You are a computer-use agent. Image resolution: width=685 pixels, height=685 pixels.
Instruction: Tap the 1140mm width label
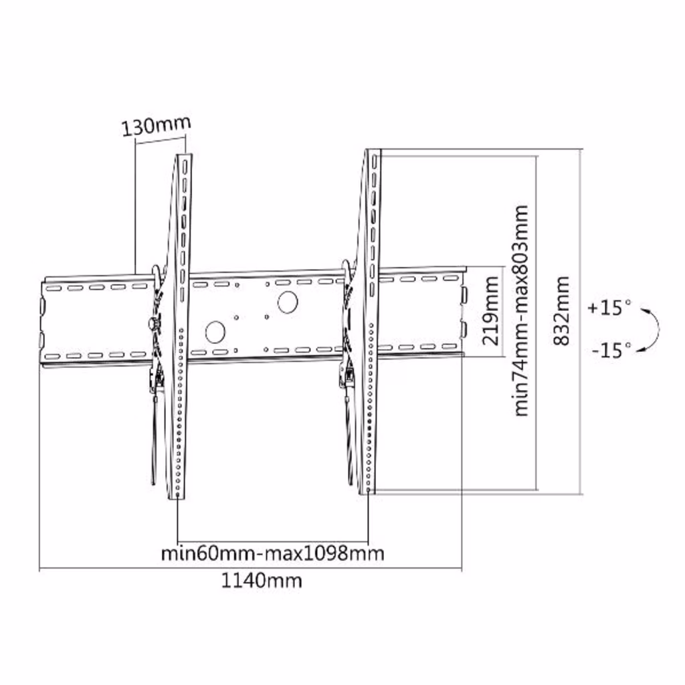pos(262,581)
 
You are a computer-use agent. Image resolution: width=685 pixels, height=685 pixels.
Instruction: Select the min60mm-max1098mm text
pos(273,553)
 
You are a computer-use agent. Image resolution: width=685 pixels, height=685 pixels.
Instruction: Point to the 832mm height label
pos(561,311)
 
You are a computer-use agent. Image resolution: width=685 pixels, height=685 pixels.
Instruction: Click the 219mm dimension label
pos(490,310)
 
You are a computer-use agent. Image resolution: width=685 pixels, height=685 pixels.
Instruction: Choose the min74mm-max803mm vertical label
pos(521,310)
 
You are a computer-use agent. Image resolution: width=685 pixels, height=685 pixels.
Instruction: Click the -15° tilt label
pos(611,350)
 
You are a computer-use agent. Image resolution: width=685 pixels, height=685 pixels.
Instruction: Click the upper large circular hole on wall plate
pos(288,302)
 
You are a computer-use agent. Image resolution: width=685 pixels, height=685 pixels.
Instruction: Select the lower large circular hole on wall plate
pos(215,332)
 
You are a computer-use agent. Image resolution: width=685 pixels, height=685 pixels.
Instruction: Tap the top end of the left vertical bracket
pos(184,155)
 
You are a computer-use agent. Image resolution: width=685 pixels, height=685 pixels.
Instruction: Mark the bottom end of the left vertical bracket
pos(178,497)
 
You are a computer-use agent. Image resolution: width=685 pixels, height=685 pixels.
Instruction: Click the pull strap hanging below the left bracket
pos(153,437)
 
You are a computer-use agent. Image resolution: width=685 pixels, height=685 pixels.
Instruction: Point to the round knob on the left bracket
pos(153,324)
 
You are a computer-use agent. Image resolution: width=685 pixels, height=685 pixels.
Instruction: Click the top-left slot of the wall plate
pos(54,289)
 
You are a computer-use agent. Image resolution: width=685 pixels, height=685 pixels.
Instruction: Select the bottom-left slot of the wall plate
pos(52,357)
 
